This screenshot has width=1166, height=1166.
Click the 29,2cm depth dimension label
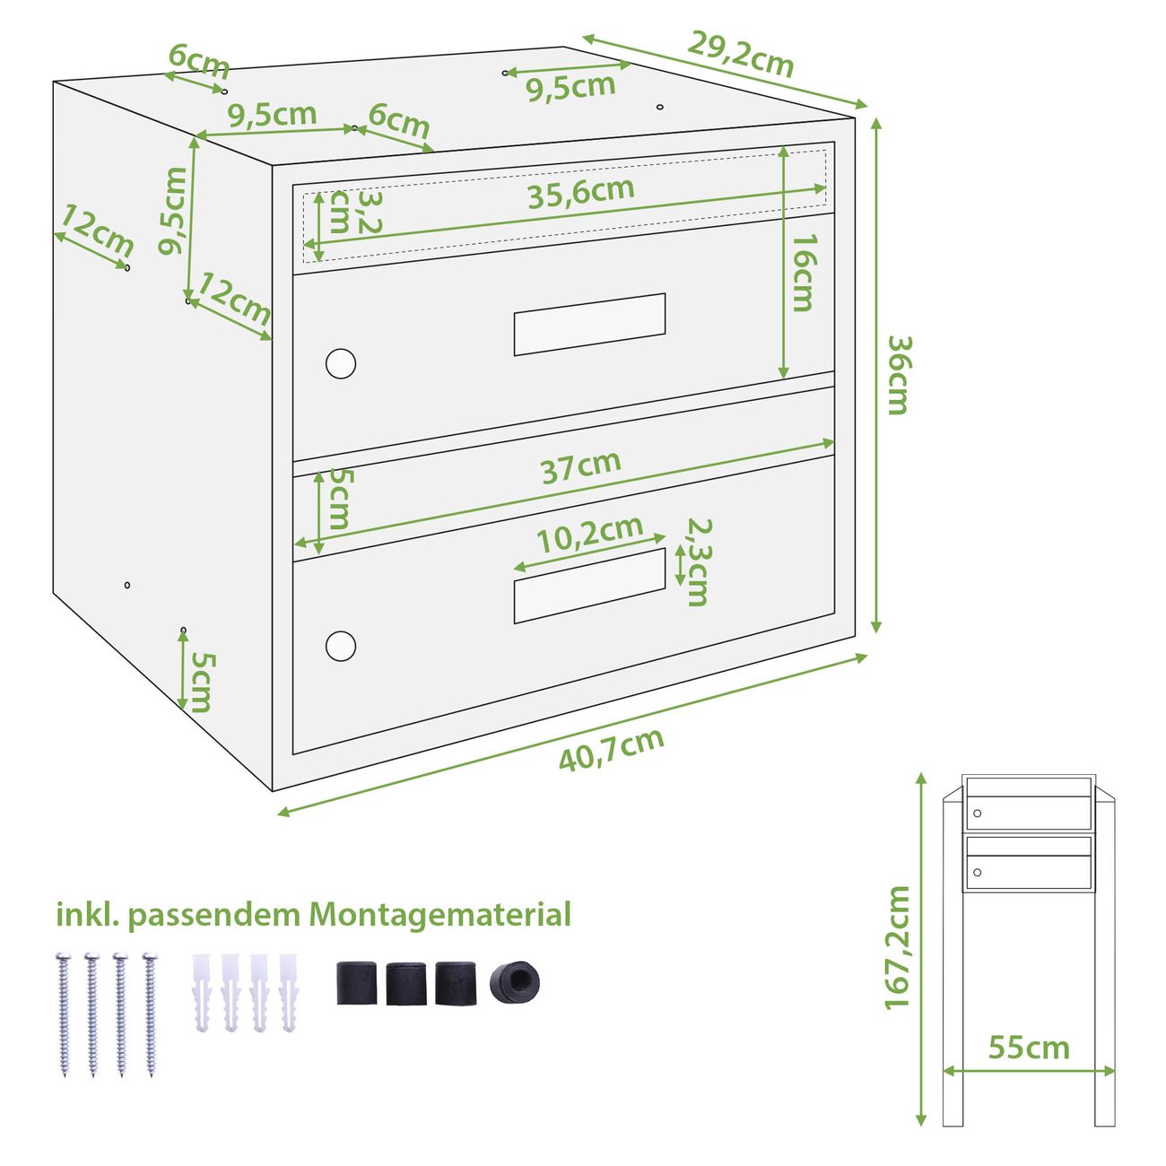(x=740, y=54)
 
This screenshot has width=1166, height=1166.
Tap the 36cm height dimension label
(x=899, y=375)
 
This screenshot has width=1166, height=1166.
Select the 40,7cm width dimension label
(x=611, y=751)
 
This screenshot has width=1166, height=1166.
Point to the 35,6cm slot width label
(x=581, y=193)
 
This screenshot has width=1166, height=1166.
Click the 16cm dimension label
(x=805, y=273)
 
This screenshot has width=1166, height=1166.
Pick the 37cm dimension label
(x=581, y=467)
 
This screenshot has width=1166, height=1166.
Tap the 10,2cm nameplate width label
(x=589, y=535)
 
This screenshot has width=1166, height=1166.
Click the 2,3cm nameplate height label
(x=698, y=562)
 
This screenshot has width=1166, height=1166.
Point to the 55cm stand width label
(x=1029, y=1048)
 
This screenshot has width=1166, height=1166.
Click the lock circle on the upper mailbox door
(x=341, y=363)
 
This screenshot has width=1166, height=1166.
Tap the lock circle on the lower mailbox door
(x=341, y=646)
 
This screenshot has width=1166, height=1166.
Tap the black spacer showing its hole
(x=514, y=983)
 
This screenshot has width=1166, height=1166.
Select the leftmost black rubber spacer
(x=356, y=983)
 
